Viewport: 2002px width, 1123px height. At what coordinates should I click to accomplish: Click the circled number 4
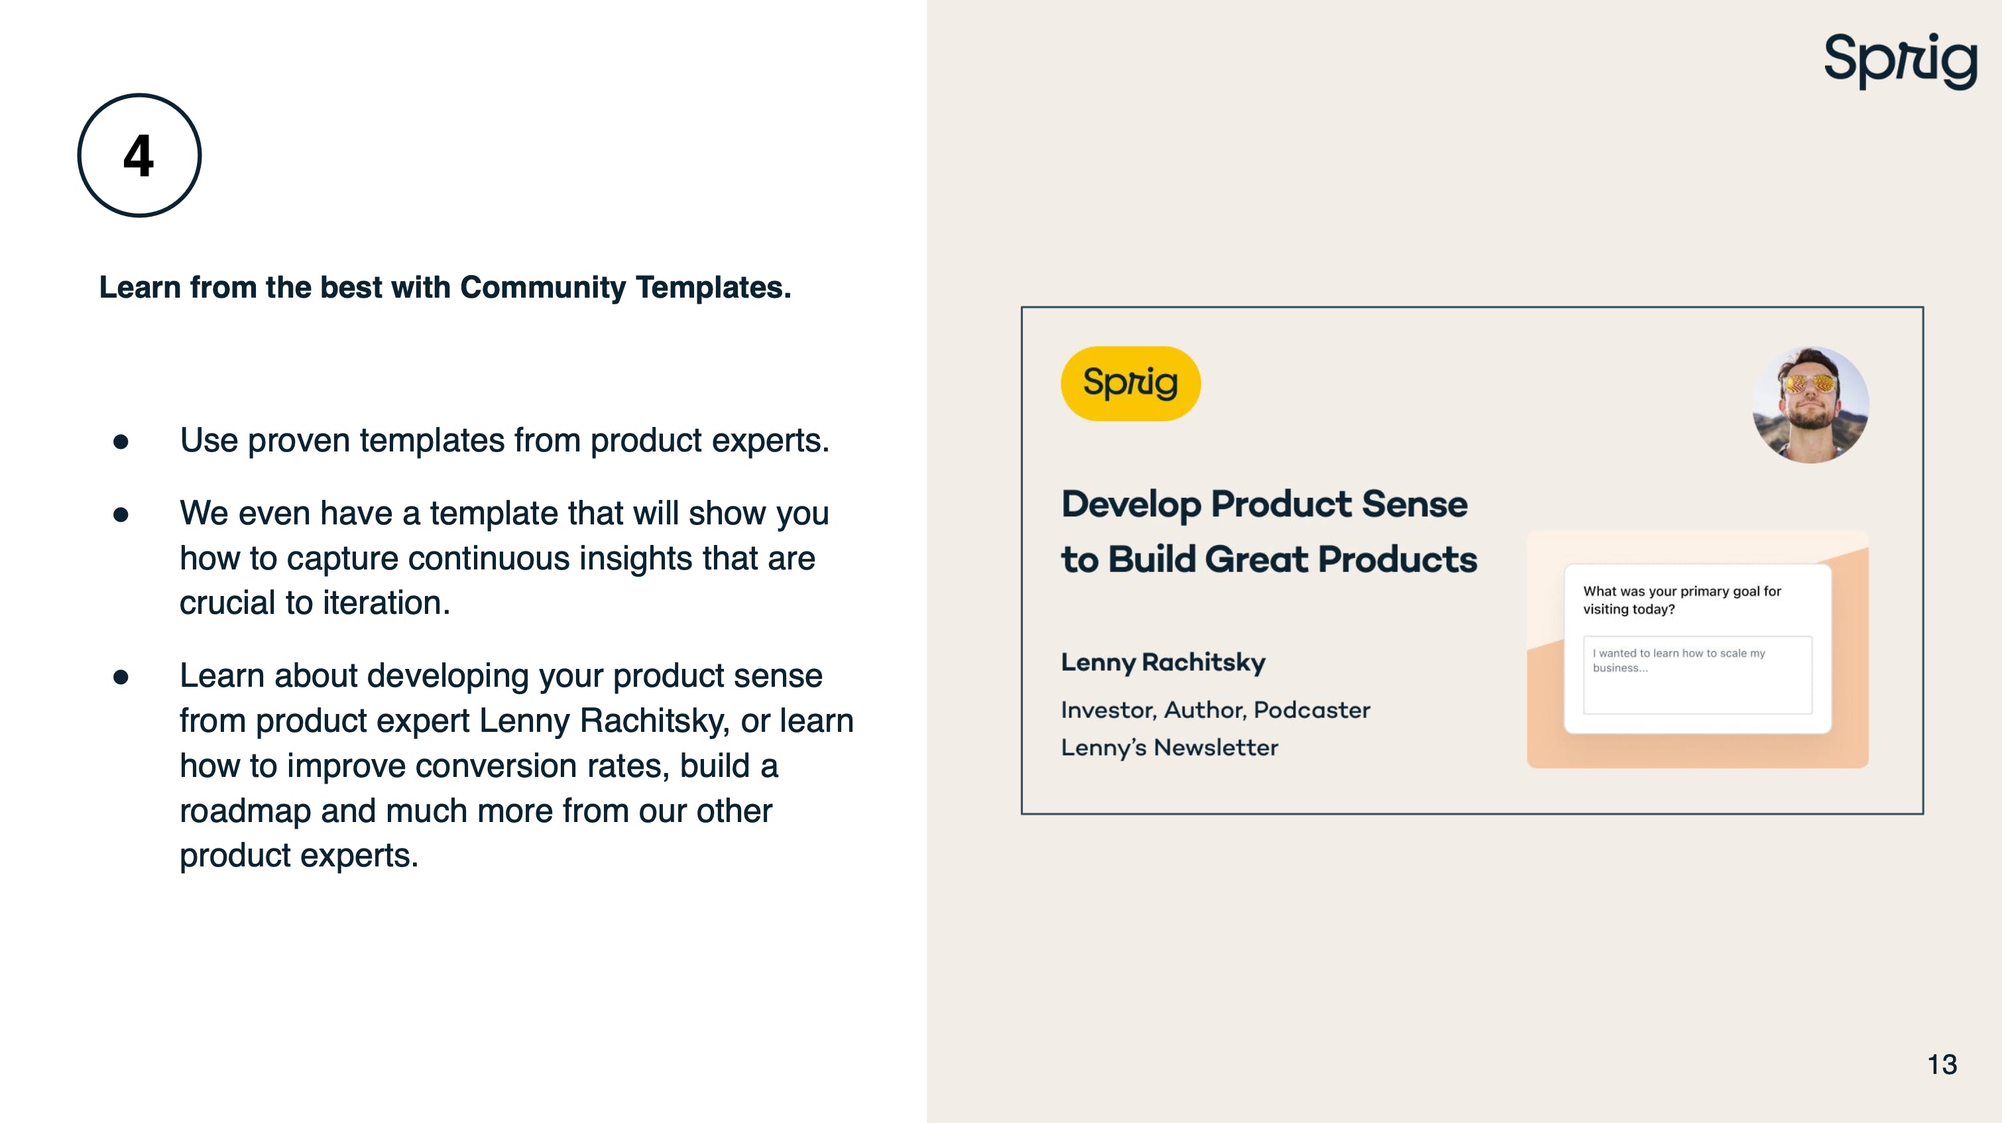(x=139, y=155)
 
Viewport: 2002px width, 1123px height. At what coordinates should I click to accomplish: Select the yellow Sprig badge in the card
(x=1130, y=383)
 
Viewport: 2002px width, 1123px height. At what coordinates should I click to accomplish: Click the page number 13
(x=1942, y=1064)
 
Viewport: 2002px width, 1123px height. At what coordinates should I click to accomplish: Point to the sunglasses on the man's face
(x=1810, y=383)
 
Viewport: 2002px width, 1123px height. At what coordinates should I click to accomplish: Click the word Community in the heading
(x=542, y=288)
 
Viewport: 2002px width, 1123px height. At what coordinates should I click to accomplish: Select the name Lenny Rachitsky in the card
(x=1163, y=662)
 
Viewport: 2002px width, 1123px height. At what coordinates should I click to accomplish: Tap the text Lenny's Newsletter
(x=1169, y=748)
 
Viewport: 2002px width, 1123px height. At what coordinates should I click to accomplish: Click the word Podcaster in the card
(x=1312, y=709)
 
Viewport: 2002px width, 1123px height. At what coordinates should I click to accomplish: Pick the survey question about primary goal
(x=1682, y=600)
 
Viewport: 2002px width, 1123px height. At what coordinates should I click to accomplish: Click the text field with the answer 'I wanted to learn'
(x=1697, y=675)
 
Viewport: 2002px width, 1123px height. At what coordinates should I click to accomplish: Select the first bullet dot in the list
(x=121, y=442)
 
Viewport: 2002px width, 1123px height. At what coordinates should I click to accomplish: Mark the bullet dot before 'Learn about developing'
(x=121, y=678)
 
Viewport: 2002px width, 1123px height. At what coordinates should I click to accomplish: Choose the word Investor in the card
(x=1109, y=709)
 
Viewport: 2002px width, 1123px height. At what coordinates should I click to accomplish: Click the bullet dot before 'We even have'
(x=121, y=514)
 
